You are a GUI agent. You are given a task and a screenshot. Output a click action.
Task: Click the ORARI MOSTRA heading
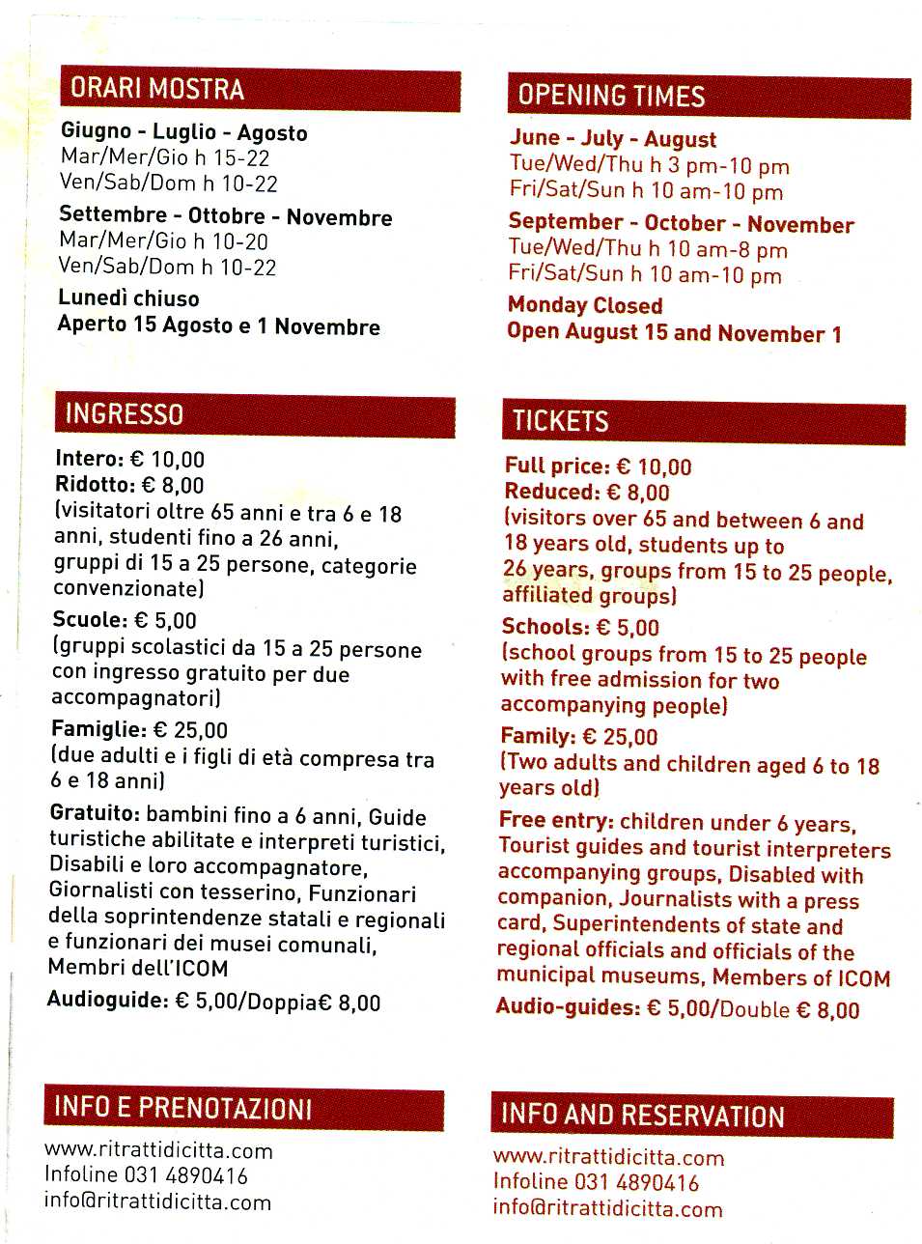click(157, 90)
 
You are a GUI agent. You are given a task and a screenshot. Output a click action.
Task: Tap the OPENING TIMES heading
click(611, 96)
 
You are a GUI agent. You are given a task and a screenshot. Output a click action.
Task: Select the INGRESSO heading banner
click(125, 415)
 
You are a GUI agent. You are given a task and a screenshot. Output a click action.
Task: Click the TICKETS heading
click(561, 421)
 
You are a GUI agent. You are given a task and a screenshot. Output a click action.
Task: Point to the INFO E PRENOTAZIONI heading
click(182, 1107)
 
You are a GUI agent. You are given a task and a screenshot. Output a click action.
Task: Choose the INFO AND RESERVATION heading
click(642, 1116)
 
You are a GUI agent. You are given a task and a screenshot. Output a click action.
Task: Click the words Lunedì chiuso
click(128, 298)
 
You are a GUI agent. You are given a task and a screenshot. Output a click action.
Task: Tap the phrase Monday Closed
click(585, 305)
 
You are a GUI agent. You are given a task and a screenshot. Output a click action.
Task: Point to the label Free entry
click(556, 821)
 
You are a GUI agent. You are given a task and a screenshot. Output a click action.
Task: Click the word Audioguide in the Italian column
click(107, 1000)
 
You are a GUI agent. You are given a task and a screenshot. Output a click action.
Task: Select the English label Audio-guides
click(568, 1007)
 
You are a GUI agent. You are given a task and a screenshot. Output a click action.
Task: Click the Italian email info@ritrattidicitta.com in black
click(157, 1202)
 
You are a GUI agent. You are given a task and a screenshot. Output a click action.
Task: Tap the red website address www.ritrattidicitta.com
click(608, 1157)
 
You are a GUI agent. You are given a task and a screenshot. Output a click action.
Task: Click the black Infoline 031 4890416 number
click(146, 1175)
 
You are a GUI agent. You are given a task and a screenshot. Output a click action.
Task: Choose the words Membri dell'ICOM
click(138, 968)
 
